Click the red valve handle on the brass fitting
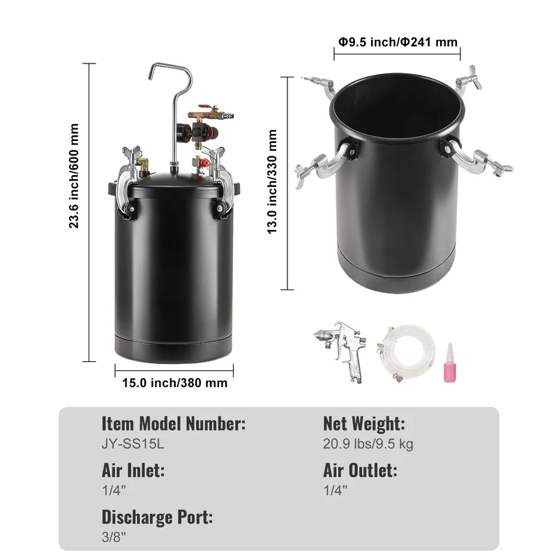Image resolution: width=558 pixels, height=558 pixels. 204,107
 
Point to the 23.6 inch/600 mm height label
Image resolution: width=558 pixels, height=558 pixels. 74,176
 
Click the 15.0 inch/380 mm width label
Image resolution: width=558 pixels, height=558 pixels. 175,383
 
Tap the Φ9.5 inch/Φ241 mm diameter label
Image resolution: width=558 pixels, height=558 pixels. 398,42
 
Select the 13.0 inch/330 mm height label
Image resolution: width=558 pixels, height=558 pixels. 272,181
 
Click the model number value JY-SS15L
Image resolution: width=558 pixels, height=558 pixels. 133,444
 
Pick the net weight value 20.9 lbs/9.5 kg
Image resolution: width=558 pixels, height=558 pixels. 368,444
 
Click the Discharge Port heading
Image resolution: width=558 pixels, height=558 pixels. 157,517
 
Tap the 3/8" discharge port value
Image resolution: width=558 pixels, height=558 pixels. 114,537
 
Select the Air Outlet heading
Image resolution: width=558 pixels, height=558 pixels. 360,470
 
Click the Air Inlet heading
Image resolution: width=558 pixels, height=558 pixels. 133,470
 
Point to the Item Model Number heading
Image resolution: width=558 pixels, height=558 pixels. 173,423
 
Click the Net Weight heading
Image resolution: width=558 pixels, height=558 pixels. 363,423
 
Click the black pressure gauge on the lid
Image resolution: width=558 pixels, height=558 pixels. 182,130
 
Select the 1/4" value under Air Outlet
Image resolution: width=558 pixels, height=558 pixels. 335,490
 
